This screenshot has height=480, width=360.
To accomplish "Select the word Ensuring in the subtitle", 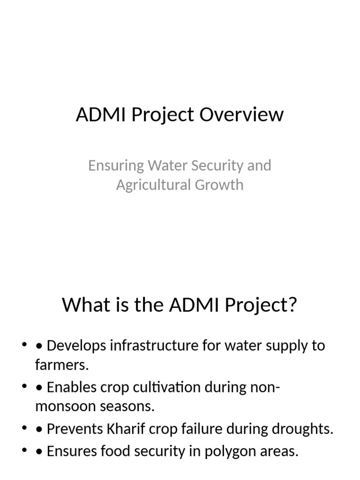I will click(115, 165).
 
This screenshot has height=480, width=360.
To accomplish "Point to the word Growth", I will click(220, 185).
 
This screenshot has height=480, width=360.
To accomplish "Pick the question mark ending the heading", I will click(293, 306).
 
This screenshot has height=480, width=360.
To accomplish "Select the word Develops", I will click(76, 346).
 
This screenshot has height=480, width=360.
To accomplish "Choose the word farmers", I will click(61, 365).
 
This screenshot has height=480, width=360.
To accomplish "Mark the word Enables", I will click(72, 388).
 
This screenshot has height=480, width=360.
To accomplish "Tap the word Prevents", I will click(77, 429).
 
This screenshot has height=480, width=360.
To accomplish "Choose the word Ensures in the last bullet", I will click(73, 452).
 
